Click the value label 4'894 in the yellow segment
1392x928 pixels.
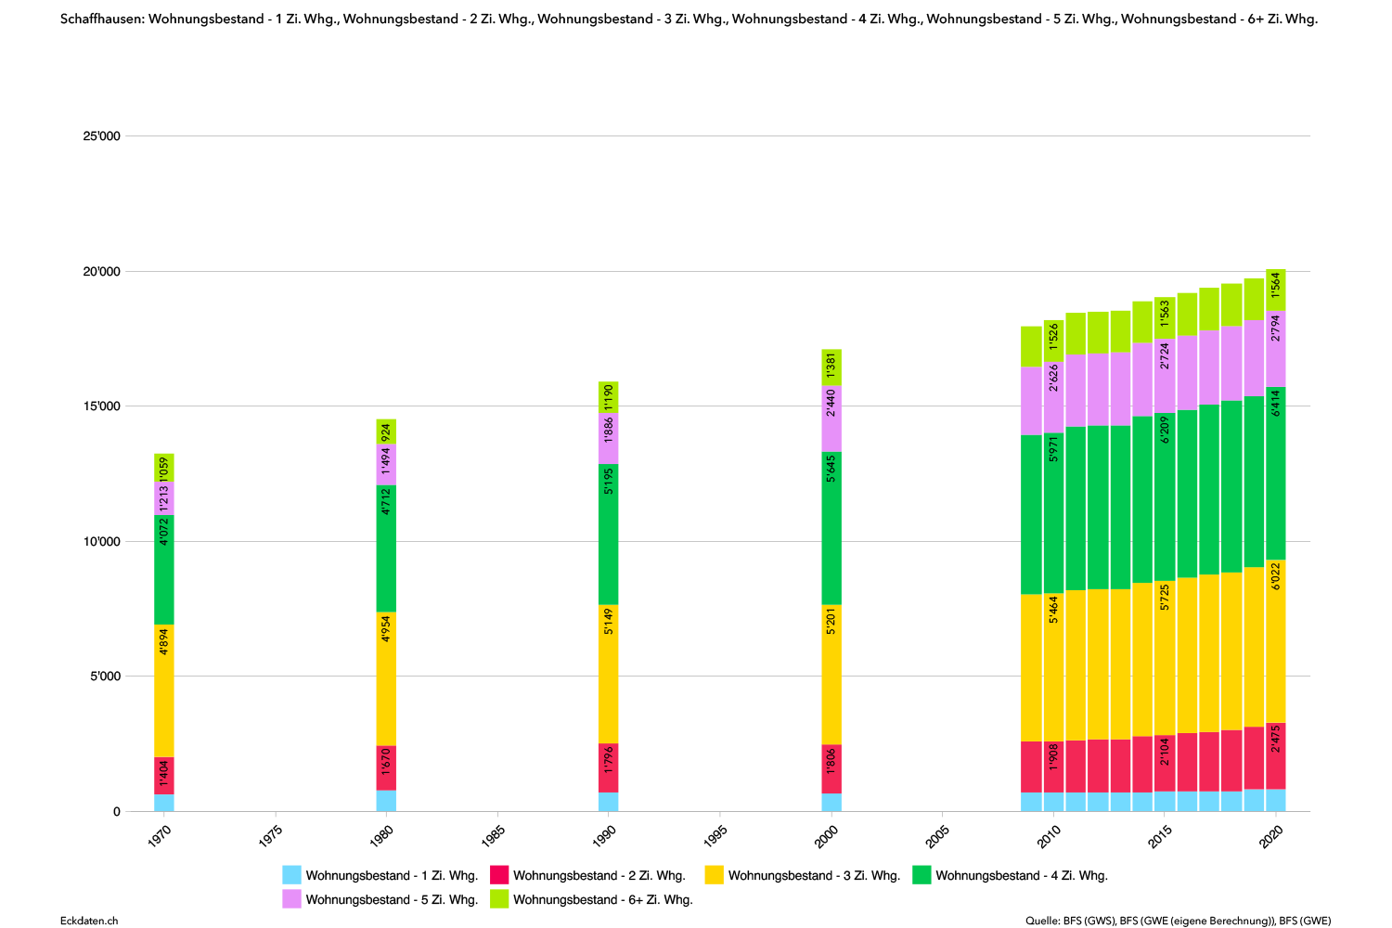point(164,642)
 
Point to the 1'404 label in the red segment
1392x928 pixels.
point(164,773)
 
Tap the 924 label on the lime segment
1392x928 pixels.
point(386,432)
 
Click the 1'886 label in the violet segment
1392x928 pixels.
point(609,431)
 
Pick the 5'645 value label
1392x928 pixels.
point(831,468)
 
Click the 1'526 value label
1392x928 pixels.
point(1053,337)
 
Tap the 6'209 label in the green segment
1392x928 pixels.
point(1165,430)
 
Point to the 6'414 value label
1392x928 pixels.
point(1276,403)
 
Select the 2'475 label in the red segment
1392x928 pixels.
point(1276,739)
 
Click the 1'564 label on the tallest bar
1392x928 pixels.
point(1276,285)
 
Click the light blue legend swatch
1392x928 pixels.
point(291,874)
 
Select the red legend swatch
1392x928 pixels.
point(499,874)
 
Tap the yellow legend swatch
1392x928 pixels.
point(714,874)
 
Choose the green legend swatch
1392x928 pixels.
point(922,874)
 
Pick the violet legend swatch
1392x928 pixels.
point(291,898)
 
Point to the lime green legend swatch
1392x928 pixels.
point(499,898)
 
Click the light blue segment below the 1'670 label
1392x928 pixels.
point(386,801)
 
